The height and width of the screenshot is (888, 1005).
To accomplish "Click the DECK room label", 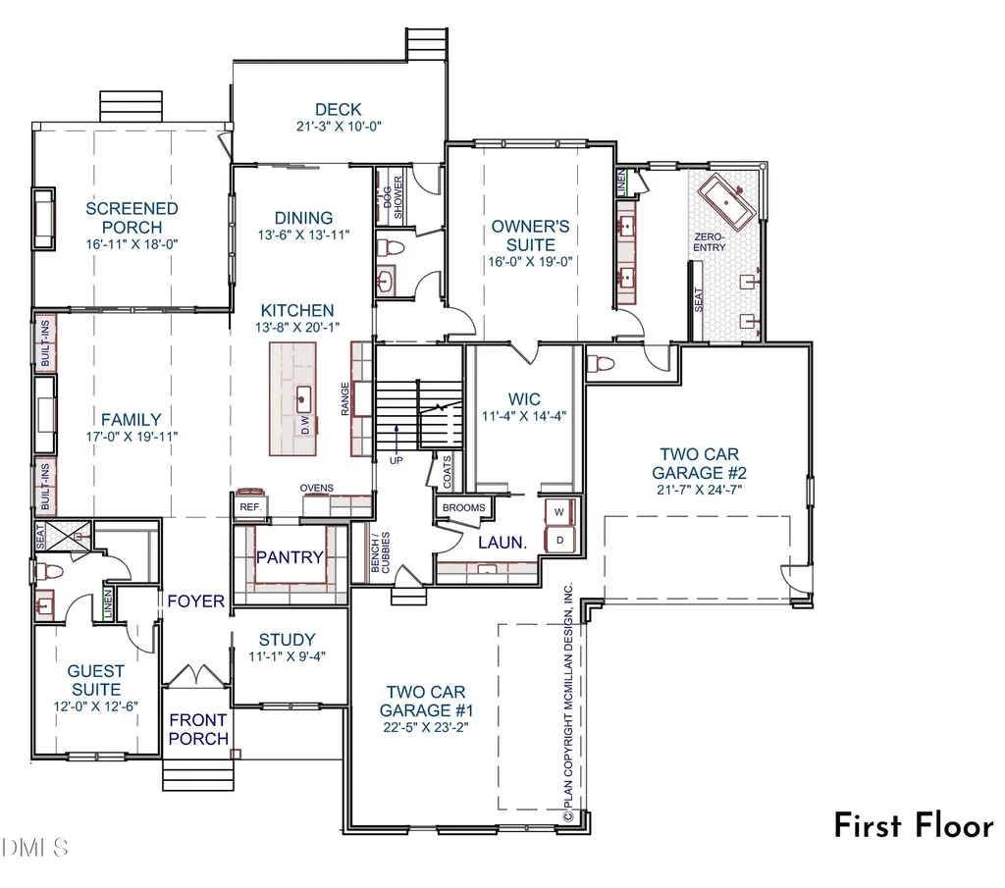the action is (339, 110).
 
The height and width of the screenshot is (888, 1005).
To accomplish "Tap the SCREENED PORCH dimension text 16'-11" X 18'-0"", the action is (132, 244).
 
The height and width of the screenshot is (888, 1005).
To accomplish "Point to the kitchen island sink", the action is (304, 398).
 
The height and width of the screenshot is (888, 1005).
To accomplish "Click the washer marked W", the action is (559, 512).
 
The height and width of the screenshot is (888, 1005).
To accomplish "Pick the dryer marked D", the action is (559, 540).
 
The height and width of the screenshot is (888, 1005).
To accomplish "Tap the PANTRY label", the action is (290, 557).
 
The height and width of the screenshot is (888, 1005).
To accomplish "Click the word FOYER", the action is (196, 601).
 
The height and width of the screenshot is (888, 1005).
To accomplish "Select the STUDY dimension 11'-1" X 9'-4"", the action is (288, 656).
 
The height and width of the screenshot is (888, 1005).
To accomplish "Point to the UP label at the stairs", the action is (397, 460).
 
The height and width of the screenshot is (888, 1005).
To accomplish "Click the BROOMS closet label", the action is (464, 507).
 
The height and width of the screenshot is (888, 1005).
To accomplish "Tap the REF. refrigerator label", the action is (250, 506).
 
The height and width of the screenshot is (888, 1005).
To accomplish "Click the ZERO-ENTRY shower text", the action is (710, 241).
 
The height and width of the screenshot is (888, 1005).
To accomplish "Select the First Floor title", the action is (914, 825).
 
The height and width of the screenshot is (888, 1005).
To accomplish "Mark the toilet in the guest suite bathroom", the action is (49, 570).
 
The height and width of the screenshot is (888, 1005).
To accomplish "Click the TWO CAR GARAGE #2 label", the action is (699, 463).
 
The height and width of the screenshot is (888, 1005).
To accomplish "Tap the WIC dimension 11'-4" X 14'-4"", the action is (524, 416).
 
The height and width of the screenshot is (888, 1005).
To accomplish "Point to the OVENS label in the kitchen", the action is (317, 489).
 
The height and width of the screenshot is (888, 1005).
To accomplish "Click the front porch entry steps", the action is (198, 774).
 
